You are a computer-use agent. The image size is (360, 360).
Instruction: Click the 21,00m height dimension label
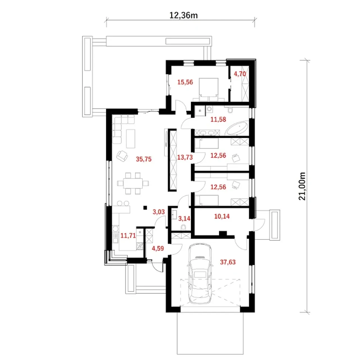point(302,186)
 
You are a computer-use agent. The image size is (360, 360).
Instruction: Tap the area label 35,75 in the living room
point(144,159)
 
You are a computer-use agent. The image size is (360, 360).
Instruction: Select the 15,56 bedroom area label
point(185,82)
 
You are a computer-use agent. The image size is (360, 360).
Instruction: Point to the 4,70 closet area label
point(240,74)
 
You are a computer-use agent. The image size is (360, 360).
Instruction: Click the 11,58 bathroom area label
point(218,119)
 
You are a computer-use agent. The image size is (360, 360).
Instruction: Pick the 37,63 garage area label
point(228,262)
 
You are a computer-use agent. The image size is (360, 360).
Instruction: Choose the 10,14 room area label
point(222,216)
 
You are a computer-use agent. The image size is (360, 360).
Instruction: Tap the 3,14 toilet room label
point(184,219)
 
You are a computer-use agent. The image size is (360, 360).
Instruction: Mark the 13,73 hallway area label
point(185,157)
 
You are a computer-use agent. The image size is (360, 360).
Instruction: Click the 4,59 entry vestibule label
point(158,248)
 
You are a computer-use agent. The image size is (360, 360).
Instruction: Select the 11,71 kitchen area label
point(128,236)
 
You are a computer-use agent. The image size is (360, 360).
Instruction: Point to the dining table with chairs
point(133,183)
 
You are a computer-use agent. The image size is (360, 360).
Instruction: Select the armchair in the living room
point(122,156)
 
